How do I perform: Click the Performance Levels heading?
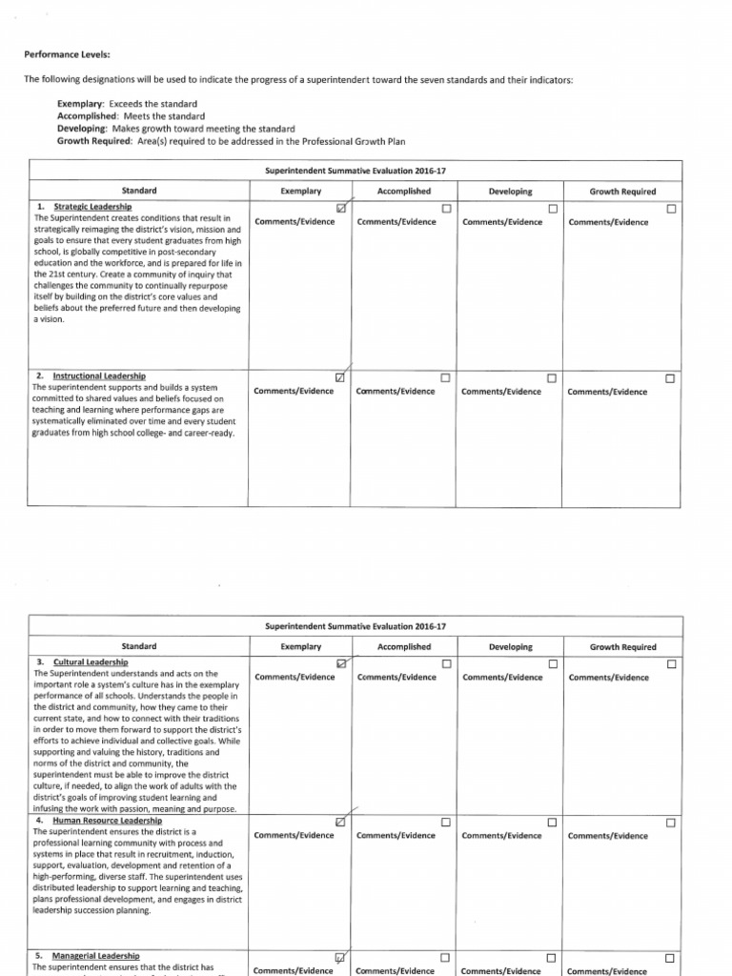(x=64, y=56)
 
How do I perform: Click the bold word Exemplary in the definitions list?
(x=80, y=103)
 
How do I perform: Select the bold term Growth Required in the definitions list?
(x=94, y=140)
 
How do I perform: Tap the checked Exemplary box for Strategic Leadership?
(x=340, y=208)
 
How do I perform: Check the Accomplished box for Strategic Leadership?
(x=446, y=208)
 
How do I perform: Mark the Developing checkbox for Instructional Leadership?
(x=553, y=378)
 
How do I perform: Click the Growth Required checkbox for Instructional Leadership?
(x=670, y=378)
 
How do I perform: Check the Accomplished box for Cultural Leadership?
(x=446, y=663)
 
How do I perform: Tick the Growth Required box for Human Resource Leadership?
(x=670, y=822)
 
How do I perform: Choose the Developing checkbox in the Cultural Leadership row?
(x=553, y=663)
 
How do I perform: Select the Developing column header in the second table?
(x=510, y=647)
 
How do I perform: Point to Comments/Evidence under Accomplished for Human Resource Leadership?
(x=396, y=836)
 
